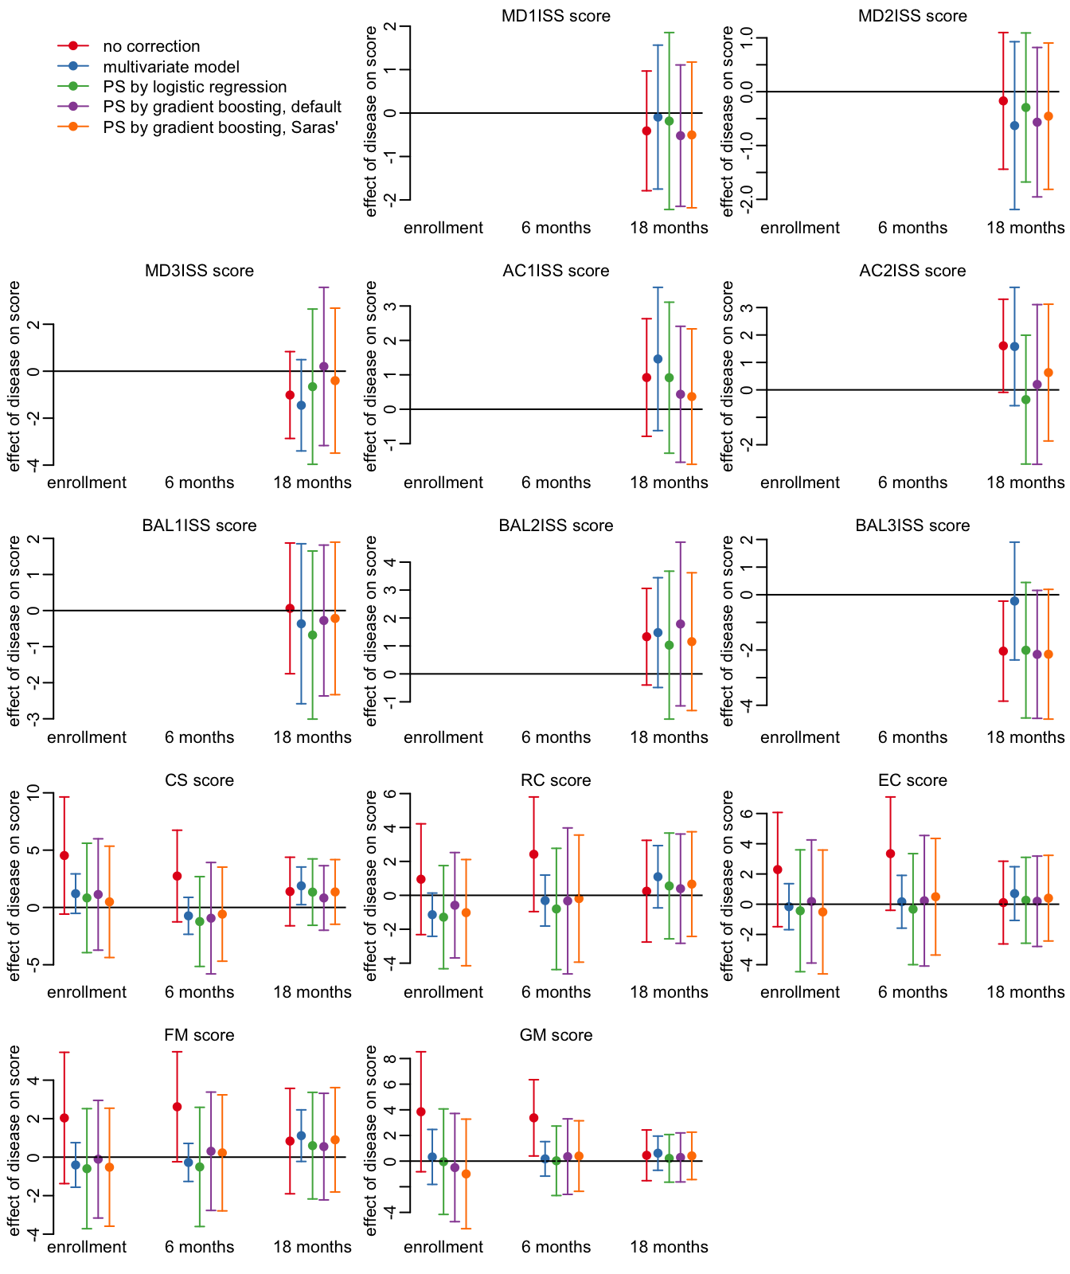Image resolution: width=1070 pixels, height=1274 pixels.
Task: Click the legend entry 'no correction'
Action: tap(151, 47)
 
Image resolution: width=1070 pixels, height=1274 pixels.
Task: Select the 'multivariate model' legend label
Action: tap(171, 68)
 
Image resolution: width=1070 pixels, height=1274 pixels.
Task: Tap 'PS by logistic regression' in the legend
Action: tap(194, 88)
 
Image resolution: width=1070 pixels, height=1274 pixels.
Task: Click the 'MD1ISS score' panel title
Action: tap(556, 16)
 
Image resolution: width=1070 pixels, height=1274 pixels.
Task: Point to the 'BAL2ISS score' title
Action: tap(556, 526)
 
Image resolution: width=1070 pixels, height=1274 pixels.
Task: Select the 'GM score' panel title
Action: tap(556, 1035)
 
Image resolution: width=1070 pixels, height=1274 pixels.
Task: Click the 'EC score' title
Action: tap(912, 780)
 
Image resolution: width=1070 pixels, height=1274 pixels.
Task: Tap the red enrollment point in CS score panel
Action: tap(64, 855)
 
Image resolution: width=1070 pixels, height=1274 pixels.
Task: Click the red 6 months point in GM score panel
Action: tap(534, 1118)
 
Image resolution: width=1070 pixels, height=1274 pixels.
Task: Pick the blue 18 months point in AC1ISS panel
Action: tap(658, 359)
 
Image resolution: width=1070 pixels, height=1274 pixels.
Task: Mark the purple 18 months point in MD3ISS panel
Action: tap(324, 366)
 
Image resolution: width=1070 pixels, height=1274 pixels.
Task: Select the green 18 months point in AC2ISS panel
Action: tap(1025, 400)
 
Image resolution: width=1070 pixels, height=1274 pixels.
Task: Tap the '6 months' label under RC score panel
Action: tap(556, 992)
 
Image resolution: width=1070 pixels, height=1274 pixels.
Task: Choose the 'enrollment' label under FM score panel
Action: tap(87, 1247)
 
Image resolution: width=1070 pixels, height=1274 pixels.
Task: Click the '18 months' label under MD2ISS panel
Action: tap(1025, 228)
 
